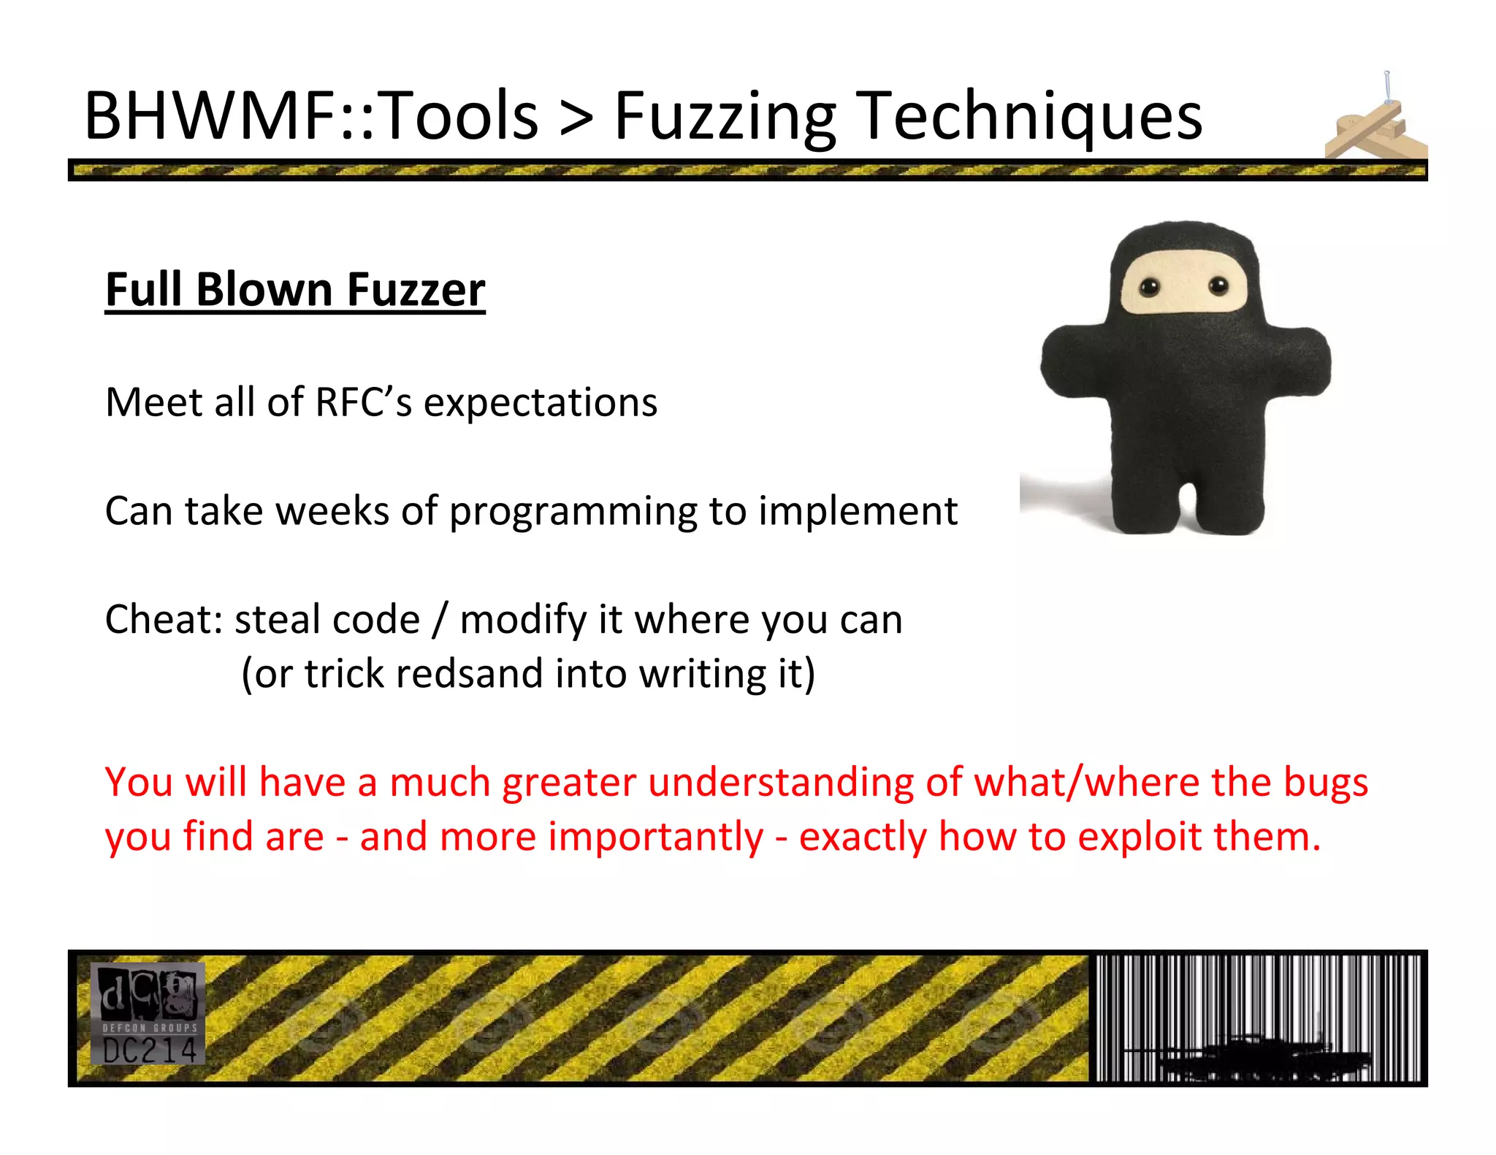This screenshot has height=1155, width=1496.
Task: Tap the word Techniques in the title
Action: click(1029, 117)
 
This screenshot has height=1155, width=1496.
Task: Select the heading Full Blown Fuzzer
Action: click(295, 290)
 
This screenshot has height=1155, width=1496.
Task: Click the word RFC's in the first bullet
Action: click(363, 402)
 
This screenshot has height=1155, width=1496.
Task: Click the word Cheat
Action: click(163, 619)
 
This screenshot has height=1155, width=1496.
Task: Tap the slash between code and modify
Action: click(439, 620)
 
